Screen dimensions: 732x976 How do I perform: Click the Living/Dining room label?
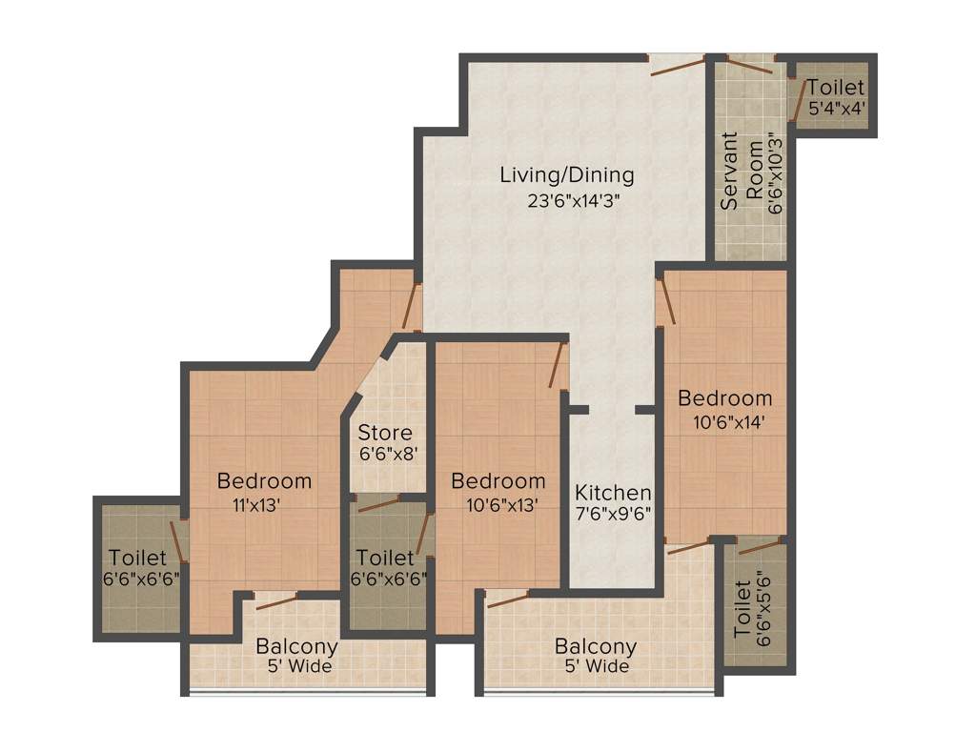pyautogui.click(x=567, y=175)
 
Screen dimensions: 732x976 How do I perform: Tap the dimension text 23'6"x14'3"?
pyautogui.click(x=567, y=201)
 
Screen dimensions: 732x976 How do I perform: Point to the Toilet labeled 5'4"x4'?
pyautogui.click(x=836, y=88)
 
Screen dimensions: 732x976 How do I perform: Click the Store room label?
pyautogui.click(x=385, y=434)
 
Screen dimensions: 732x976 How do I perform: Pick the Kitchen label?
pyautogui.click(x=613, y=493)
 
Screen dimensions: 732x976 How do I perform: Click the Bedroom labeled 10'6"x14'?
pyautogui.click(x=724, y=398)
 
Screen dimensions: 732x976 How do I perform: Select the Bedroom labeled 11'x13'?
pyautogui.click(x=264, y=480)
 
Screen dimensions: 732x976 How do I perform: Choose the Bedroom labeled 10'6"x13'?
pyautogui.click(x=498, y=480)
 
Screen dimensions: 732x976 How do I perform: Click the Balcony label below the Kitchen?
pyautogui.click(x=596, y=646)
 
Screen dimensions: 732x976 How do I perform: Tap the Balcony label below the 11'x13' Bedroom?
pyautogui.click(x=296, y=646)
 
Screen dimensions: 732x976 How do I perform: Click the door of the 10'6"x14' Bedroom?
pyautogui.click(x=665, y=299)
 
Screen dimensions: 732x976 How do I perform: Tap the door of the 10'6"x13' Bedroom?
pyautogui.click(x=559, y=366)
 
